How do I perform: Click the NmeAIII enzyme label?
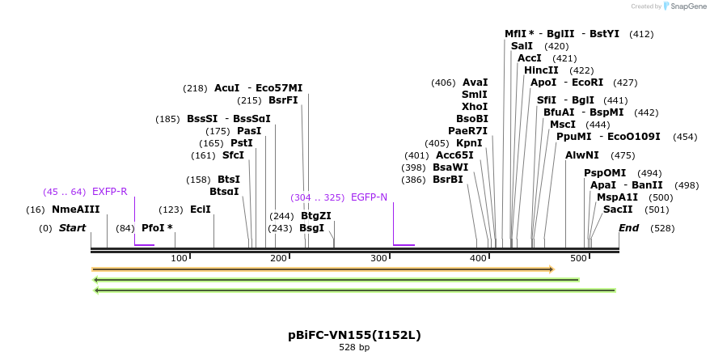point(75,210)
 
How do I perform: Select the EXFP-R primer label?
point(109,192)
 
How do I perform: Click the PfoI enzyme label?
point(157,228)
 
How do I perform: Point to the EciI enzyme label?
point(200,210)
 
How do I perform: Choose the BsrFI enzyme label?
point(283,101)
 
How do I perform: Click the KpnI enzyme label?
point(469,143)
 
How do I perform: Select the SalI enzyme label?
point(522,46)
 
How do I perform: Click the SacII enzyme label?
point(617,210)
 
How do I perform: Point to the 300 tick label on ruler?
point(378,258)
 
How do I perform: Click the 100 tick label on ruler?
point(180,258)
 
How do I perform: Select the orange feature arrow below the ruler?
point(323,269)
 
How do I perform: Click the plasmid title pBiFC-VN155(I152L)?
point(354,335)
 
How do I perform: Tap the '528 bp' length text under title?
point(354,348)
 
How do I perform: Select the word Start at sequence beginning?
point(72,228)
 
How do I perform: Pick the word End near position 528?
point(628,228)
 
